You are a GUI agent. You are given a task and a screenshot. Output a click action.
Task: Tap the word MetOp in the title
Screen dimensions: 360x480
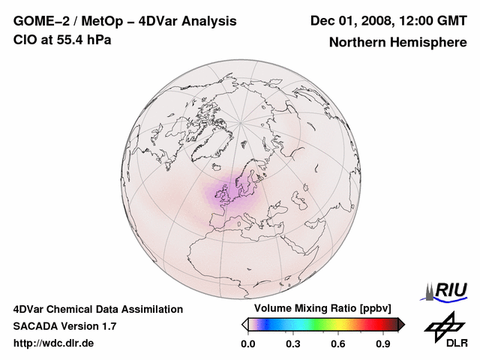click(99, 21)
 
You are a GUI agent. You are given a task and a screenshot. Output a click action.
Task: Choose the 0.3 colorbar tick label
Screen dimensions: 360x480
click(293, 344)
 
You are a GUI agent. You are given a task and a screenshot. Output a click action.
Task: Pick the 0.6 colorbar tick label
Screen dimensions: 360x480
click(339, 344)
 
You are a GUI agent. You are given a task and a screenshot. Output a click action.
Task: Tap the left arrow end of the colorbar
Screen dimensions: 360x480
click(244, 324)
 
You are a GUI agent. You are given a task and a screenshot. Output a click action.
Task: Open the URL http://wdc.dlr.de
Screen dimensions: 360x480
click(54, 343)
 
